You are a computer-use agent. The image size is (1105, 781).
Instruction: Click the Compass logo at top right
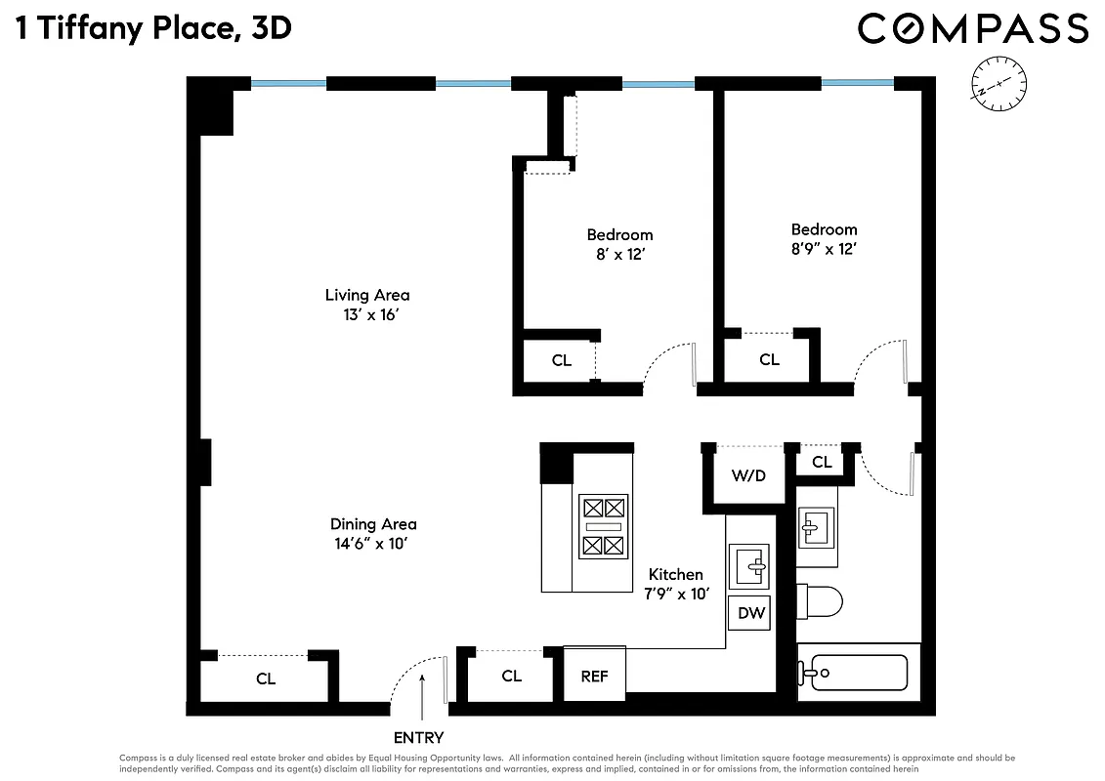(972, 28)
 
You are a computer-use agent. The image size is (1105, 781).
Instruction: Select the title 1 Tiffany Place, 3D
(153, 28)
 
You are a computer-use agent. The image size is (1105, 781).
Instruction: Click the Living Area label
(367, 295)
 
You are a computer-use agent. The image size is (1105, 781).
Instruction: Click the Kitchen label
(675, 574)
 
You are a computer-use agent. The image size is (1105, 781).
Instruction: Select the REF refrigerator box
(594, 676)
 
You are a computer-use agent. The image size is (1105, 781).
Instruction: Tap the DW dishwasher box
(750, 614)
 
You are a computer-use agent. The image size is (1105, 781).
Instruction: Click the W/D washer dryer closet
(748, 476)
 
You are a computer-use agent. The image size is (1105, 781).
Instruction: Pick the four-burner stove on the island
(602, 527)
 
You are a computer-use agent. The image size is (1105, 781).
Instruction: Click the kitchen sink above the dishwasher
(751, 565)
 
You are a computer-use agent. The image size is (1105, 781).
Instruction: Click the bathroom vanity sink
(816, 529)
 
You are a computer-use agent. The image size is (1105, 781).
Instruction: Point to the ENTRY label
(418, 738)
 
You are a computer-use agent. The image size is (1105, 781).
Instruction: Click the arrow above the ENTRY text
(422, 694)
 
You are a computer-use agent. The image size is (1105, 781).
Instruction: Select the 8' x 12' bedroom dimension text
(619, 254)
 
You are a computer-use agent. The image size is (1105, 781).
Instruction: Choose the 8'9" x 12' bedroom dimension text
(824, 249)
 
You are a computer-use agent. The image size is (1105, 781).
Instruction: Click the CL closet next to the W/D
(822, 462)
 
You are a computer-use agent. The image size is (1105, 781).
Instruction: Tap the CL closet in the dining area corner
(265, 678)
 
